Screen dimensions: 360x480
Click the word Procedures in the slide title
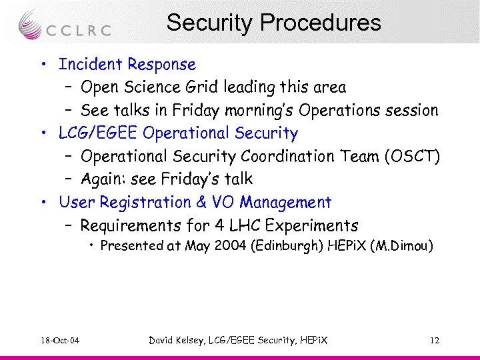pyautogui.click(x=321, y=23)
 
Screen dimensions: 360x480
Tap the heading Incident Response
pyautogui.click(x=127, y=65)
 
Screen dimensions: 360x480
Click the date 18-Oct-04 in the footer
pyautogui.click(x=59, y=341)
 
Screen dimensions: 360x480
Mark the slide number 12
pyautogui.click(x=434, y=341)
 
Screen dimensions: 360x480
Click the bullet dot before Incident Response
pyautogui.click(x=43, y=65)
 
